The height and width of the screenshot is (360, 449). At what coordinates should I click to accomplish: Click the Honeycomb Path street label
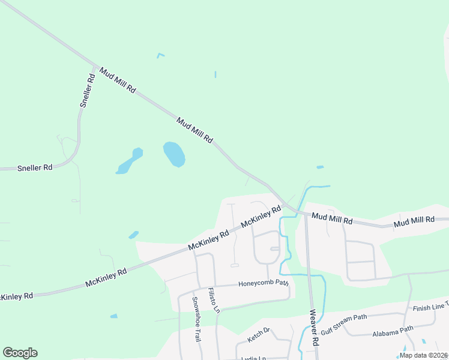tap(264, 283)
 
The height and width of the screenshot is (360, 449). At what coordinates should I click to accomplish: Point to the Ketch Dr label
tap(259, 334)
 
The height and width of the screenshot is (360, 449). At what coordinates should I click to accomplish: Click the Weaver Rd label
tap(313, 328)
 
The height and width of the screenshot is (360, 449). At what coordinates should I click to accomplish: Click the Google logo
tap(20, 353)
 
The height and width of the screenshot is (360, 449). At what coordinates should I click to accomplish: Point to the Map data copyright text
tap(424, 355)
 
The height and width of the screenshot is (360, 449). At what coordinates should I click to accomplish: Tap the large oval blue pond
tap(174, 154)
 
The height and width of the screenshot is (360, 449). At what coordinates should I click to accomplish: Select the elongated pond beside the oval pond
tap(130, 161)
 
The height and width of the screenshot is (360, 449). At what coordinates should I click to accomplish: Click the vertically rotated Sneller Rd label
tap(88, 91)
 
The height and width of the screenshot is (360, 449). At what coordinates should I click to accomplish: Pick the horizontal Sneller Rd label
tap(35, 168)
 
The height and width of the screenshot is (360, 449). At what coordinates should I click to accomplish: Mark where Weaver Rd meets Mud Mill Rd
tap(305, 214)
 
